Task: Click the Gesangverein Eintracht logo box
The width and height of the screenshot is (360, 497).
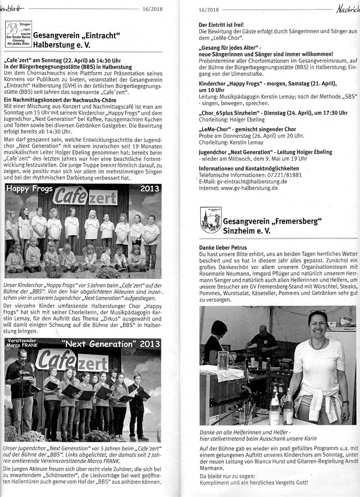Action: (x=19, y=34)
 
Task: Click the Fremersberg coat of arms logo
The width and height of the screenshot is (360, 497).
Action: (x=211, y=220)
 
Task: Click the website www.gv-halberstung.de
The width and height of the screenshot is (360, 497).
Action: (x=249, y=188)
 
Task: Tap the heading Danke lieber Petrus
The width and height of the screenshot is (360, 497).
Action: (x=223, y=248)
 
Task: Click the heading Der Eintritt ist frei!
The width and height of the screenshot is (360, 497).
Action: (x=221, y=24)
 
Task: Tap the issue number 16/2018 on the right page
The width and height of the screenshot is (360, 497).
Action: (x=209, y=9)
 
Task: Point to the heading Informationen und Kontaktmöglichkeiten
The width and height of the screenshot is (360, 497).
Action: (x=249, y=168)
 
